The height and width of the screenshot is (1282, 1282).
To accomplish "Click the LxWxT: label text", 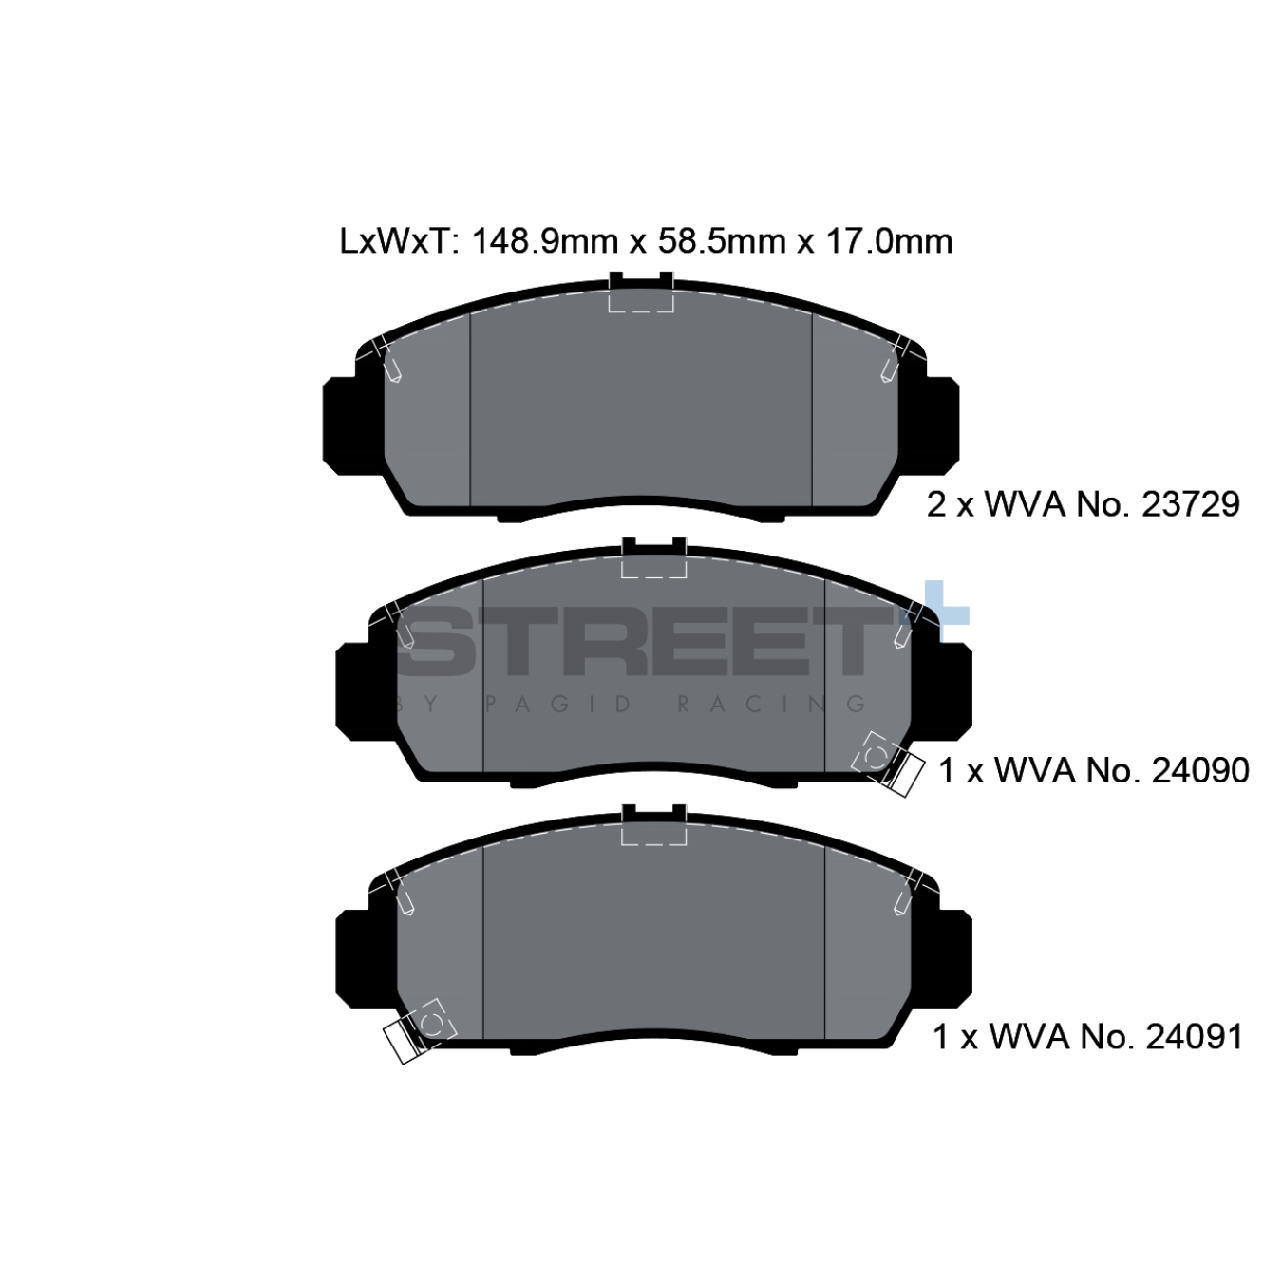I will pyautogui.click(x=400, y=241).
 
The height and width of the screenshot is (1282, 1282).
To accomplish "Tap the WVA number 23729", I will pyautogui.click(x=1191, y=503).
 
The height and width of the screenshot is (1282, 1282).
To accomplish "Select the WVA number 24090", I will pyautogui.click(x=1200, y=770).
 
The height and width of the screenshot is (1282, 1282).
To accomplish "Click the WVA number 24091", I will pyautogui.click(x=1195, y=1036).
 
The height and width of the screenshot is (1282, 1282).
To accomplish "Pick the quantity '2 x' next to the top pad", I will pyautogui.click(x=951, y=503).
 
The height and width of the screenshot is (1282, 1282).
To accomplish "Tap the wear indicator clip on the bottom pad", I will pyautogui.click(x=418, y=1030).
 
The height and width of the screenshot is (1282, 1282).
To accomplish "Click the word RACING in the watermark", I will pyautogui.click(x=770, y=704).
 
